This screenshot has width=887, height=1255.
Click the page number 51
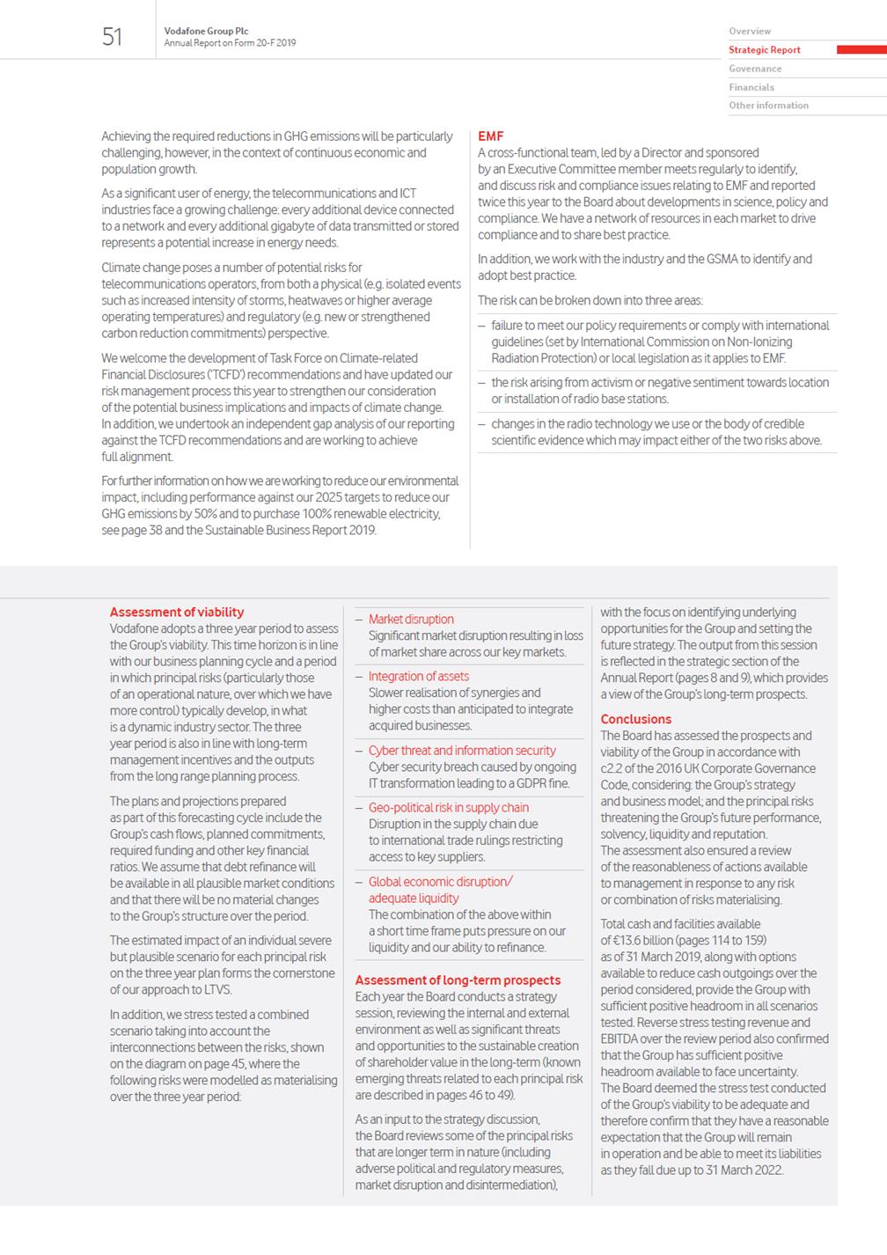[112, 37]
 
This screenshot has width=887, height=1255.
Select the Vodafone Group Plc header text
[206, 32]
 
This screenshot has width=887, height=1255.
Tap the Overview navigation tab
[750, 32]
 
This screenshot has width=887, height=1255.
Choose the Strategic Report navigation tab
[764, 50]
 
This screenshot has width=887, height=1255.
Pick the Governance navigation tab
[755, 69]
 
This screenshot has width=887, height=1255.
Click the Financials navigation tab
[751, 87]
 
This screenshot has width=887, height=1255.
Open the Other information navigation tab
[768, 106]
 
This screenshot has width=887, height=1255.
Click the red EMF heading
[490, 136]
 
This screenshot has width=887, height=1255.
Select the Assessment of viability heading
[177, 612]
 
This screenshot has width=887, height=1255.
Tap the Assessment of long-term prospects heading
[458, 980]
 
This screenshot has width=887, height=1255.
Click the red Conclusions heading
[635, 719]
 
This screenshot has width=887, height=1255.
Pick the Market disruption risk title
[411, 620]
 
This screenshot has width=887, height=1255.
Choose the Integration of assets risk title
[418, 676]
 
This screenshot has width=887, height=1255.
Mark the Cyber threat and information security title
[462, 751]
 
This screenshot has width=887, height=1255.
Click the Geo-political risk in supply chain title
[449, 807]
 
